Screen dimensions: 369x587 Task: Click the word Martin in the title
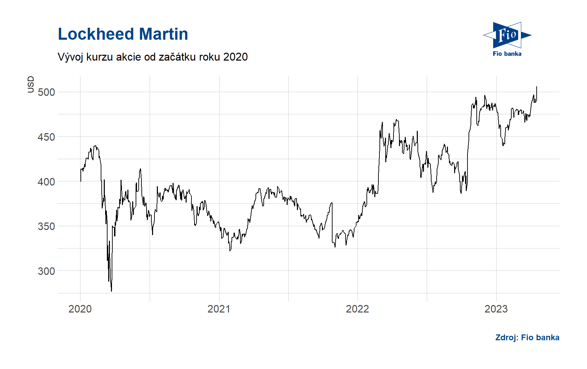click(x=164, y=34)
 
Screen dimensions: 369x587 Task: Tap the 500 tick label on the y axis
click(x=46, y=92)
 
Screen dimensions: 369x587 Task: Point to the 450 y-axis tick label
click(x=46, y=137)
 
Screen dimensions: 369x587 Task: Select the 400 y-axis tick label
click(x=46, y=182)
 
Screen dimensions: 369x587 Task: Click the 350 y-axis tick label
click(x=46, y=226)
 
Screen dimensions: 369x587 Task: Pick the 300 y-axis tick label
click(x=46, y=271)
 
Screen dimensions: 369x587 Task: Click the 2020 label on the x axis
click(x=80, y=309)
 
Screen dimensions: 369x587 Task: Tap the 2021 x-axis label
click(x=219, y=309)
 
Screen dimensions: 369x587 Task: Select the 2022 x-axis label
click(x=357, y=309)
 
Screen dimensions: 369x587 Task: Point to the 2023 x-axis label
click(x=496, y=309)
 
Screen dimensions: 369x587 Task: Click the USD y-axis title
click(x=31, y=84)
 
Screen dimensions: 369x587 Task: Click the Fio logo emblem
click(x=507, y=35)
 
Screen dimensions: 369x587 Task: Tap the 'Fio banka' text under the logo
click(x=507, y=54)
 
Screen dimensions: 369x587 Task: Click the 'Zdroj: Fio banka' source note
click(x=527, y=338)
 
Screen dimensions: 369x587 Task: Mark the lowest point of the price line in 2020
click(x=111, y=291)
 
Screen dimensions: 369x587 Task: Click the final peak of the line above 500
click(x=537, y=87)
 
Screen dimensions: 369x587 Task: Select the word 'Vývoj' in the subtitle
click(x=71, y=57)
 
